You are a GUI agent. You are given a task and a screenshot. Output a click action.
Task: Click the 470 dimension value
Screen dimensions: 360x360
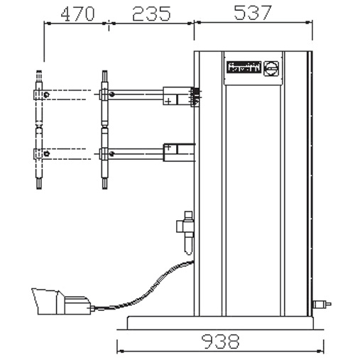[x=75, y=13]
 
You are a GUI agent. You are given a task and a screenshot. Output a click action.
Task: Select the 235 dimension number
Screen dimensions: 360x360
[x=151, y=13]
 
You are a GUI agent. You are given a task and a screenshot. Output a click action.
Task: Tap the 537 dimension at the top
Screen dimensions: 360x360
[x=253, y=13]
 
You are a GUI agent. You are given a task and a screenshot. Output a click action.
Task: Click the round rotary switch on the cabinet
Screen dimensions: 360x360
[x=270, y=68]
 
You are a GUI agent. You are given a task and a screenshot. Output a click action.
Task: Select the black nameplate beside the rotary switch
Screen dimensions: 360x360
[x=243, y=68]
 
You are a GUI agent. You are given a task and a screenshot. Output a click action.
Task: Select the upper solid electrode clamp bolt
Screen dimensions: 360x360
[x=105, y=92]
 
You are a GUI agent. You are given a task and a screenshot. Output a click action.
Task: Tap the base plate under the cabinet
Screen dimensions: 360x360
[x=220, y=323]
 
